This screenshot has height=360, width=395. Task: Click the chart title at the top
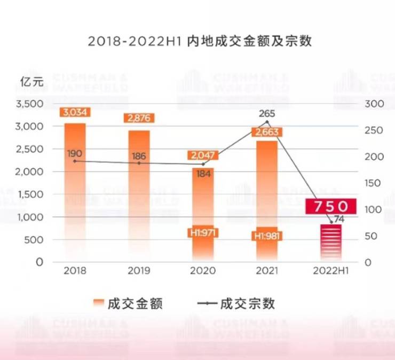[x=197, y=42]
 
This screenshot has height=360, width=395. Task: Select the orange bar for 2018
[x=75, y=192]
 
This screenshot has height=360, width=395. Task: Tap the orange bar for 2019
[x=139, y=198]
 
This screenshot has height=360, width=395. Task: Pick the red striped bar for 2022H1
[x=331, y=243]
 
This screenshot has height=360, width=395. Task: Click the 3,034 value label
[x=75, y=112]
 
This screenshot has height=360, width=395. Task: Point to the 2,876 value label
[x=139, y=118]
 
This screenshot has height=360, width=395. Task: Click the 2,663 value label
[x=267, y=132]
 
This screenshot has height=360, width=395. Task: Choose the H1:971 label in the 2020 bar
[x=203, y=233]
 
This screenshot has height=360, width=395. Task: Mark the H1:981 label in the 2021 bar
[x=267, y=236]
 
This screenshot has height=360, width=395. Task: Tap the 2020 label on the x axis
[x=203, y=271]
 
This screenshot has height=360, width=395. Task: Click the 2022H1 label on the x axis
[x=331, y=271]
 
